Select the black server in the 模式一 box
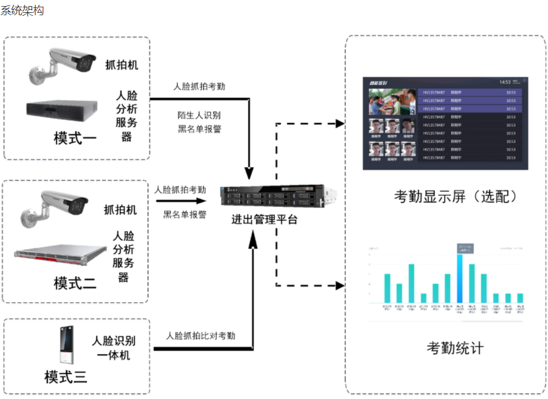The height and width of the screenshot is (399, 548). coord(62,111)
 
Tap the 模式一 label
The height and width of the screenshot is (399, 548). coord(75,138)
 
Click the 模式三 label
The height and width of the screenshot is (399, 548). coord(66,376)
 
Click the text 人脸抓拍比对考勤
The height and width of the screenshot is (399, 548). coord(201,336)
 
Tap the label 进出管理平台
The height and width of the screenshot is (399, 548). coord(265,220)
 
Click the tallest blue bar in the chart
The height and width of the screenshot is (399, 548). coord(460,277)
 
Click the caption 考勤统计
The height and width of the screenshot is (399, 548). coord(455,349)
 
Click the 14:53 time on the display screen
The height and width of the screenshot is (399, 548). coord(505,82)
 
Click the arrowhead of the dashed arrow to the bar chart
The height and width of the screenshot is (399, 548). coord(339,285)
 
